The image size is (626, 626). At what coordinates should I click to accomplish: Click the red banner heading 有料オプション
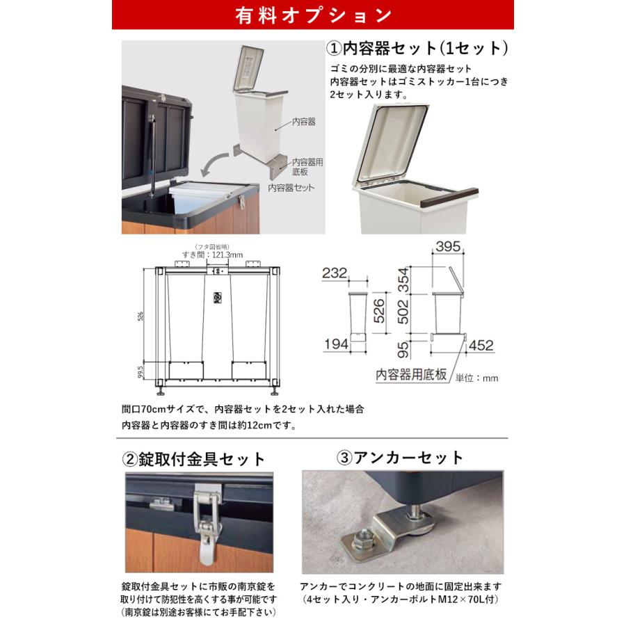point(312,15)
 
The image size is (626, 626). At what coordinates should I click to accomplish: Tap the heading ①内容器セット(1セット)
point(417,49)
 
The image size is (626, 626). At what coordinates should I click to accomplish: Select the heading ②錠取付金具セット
point(194,459)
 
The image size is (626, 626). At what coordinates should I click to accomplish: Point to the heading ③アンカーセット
point(399,458)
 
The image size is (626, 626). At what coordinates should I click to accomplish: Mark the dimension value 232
point(335,274)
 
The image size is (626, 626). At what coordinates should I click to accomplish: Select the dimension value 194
point(336,343)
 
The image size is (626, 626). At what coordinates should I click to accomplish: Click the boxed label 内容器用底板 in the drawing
point(412,374)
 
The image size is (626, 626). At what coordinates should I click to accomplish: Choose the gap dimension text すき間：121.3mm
point(215,255)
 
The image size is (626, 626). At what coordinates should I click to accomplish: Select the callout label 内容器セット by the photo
point(291,188)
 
